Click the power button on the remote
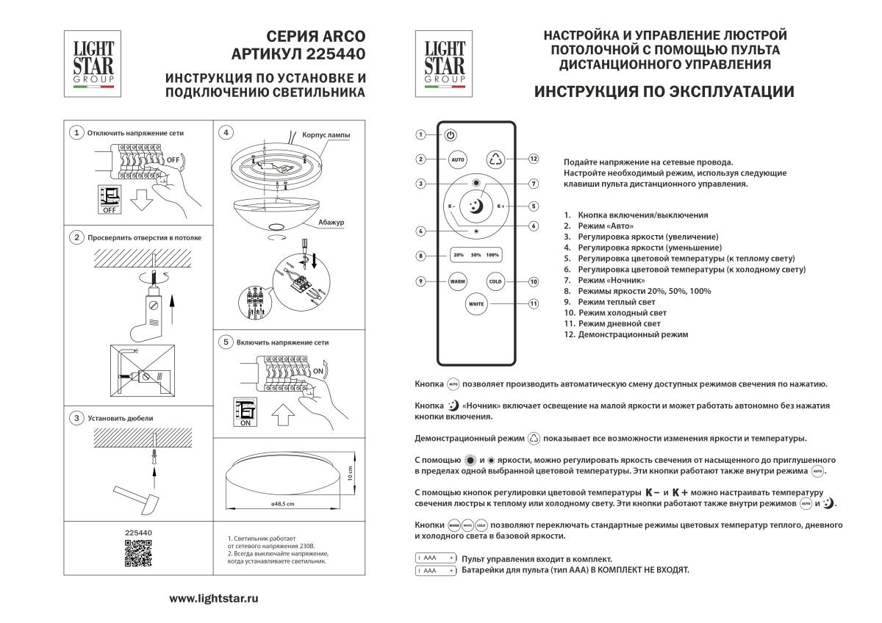click(x=451, y=135)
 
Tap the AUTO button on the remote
click(x=457, y=159)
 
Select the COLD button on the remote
click(x=495, y=281)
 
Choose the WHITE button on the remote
click(x=476, y=303)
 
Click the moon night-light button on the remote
click(x=476, y=206)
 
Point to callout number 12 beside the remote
click(x=534, y=159)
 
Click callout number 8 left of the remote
click(x=420, y=256)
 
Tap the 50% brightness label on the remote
click(x=476, y=256)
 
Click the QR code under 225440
click(x=138, y=553)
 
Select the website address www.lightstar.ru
click(x=214, y=599)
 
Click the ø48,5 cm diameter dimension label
click(x=282, y=504)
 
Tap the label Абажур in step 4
click(x=331, y=221)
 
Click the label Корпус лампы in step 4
click(x=326, y=136)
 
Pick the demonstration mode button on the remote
click(x=495, y=159)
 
